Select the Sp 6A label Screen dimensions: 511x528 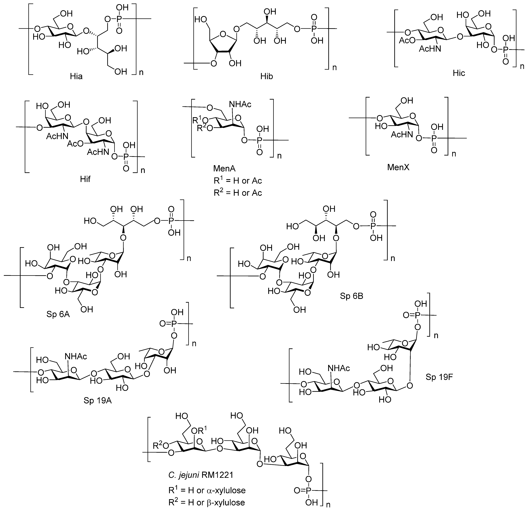pos(58,314)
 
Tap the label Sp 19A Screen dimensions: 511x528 pos(98,401)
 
